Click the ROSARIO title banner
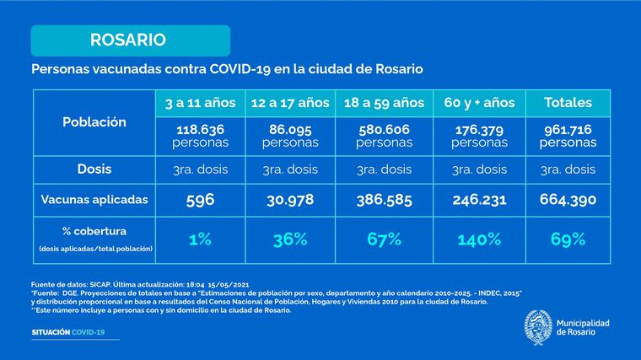[x=130, y=40]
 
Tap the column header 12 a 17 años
[x=290, y=103]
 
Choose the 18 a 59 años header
[x=384, y=103]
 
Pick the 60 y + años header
[x=480, y=103]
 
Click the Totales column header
[x=568, y=103]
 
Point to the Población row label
[x=94, y=121]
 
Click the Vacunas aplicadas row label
[x=94, y=200]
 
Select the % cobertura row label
[x=94, y=232]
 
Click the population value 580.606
[x=384, y=130]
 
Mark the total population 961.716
[x=568, y=130]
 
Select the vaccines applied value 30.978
[x=290, y=200]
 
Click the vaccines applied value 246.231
[x=480, y=200]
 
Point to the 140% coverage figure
[x=480, y=239]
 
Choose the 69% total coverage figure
[x=568, y=239]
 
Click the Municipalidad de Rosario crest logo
[x=538, y=325]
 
